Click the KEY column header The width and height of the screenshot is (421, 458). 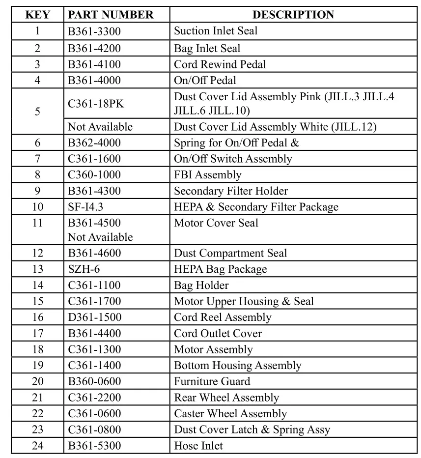[37, 15]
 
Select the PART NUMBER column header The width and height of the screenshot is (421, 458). [111, 15]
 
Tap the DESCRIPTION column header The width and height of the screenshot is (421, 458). [293, 15]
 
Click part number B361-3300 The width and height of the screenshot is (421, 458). [94, 31]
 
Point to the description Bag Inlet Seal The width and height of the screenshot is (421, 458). [207, 48]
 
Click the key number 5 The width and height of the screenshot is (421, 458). [37, 112]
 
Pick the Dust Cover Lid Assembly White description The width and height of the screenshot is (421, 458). [275, 127]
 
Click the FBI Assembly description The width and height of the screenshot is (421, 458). [207, 175]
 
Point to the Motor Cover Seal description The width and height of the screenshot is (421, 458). [216, 223]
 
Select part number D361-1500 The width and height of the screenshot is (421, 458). [94, 317]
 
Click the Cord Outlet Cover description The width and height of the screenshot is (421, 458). [218, 334]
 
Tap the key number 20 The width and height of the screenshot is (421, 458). [37, 381]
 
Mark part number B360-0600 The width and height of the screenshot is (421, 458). [94, 381]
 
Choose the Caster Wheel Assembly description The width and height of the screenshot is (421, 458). [230, 414]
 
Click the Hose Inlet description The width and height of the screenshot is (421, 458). [198, 446]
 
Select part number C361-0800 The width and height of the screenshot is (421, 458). [94, 430]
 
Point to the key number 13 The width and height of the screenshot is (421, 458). [37, 269]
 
